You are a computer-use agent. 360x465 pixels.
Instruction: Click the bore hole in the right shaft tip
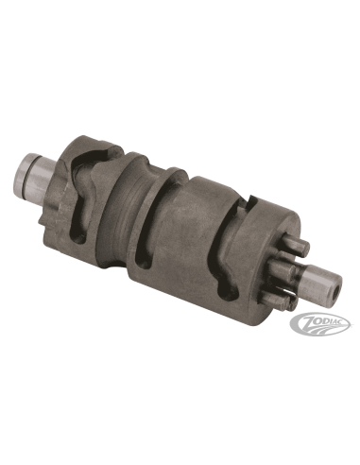[x=334, y=288]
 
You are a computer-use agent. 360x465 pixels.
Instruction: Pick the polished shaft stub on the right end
[x=322, y=278]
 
